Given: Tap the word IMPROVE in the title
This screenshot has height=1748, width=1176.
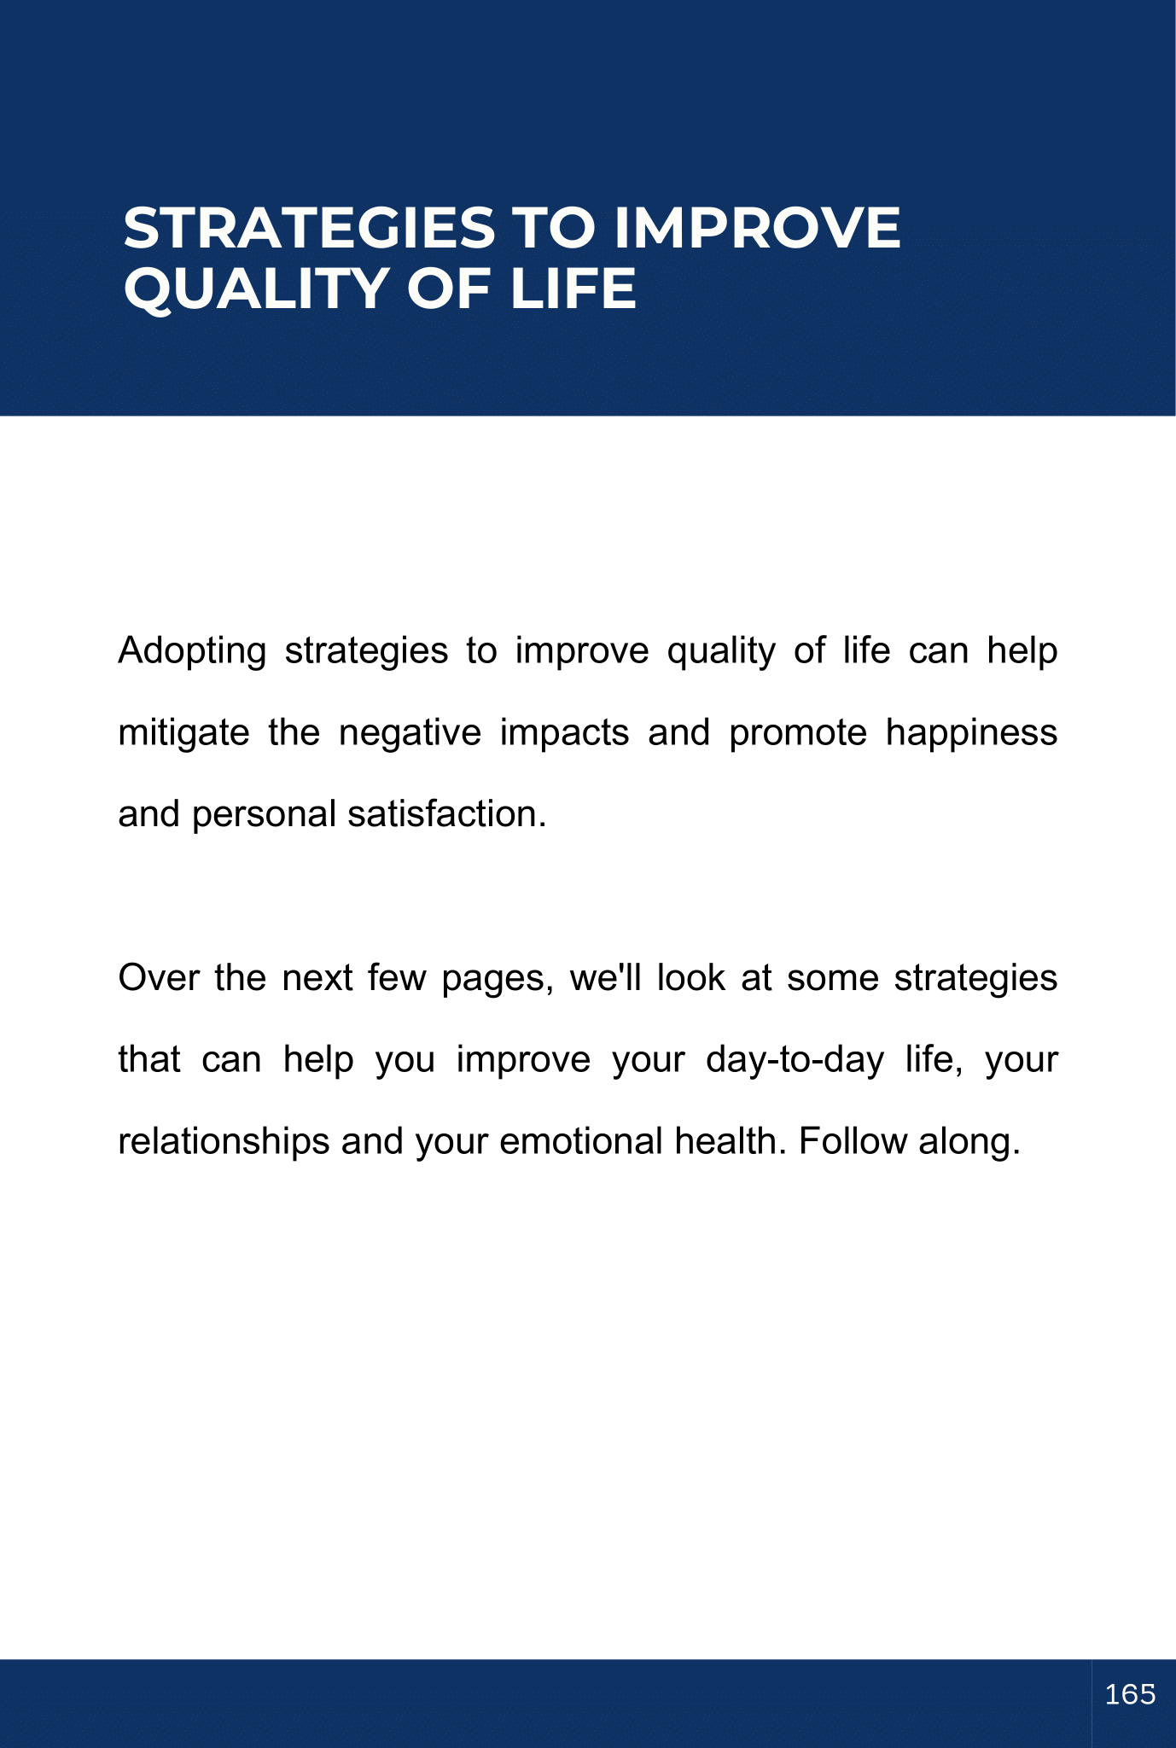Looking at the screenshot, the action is click(757, 228).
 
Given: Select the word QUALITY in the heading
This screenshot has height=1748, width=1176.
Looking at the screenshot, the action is click(257, 288).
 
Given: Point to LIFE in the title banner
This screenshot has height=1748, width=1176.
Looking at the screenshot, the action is click(573, 288).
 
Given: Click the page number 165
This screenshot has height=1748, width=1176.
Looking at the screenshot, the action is click(1130, 1694).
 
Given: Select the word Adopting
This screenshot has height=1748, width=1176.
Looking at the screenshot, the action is click(192, 652).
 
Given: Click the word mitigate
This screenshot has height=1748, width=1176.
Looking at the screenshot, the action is click(183, 733).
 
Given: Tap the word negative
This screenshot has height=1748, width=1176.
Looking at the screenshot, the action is click(410, 733).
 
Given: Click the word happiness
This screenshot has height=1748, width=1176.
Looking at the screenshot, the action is click(971, 733).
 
